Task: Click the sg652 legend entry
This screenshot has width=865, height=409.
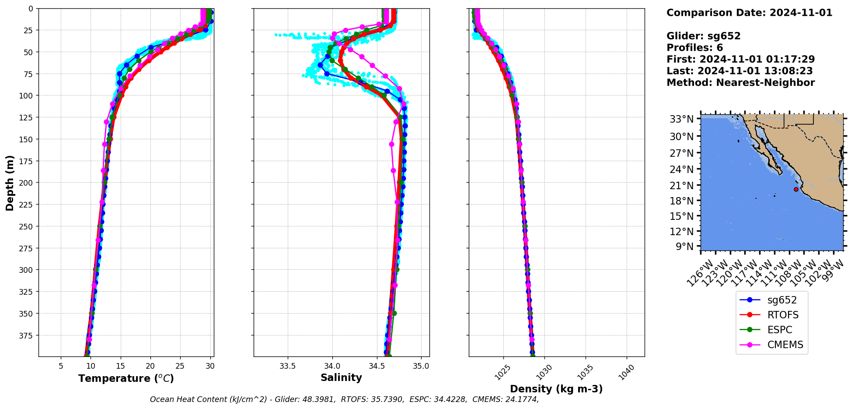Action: [x=781, y=300]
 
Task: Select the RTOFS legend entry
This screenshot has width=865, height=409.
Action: [x=782, y=315]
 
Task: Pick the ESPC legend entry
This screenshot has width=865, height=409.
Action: [x=779, y=330]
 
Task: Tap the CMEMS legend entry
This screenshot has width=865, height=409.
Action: [x=785, y=345]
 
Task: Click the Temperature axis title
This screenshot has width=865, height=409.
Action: [x=126, y=378]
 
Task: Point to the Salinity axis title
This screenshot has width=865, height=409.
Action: [x=341, y=378]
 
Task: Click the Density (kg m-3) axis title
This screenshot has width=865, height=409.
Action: [x=556, y=389]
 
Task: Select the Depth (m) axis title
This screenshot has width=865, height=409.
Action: [x=10, y=183]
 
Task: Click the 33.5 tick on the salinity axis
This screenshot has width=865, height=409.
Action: [x=287, y=366]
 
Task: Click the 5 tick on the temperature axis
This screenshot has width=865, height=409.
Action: [x=61, y=366]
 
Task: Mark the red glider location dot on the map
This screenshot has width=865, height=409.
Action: [x=796, y=189]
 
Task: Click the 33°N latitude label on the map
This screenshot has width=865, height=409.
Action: [x=682, y=119]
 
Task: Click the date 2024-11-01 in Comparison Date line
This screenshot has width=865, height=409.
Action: [x=801, y=13]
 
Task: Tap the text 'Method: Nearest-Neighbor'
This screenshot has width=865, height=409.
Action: [x=740, y=83]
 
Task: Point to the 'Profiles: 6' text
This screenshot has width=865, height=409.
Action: [x=694, y=48]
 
